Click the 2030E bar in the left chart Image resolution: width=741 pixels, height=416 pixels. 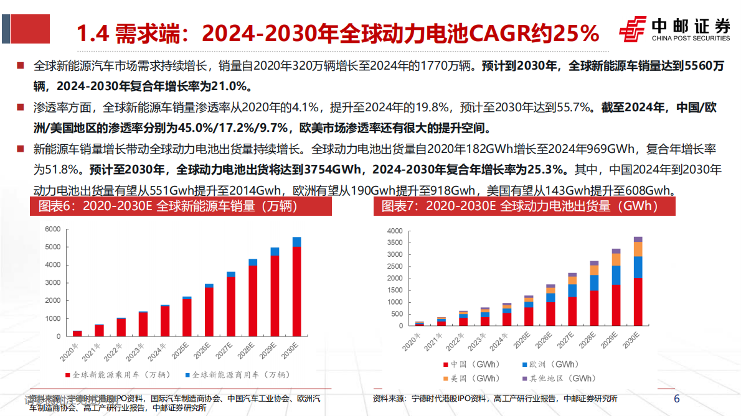pyautogui.click(x=296, y=286)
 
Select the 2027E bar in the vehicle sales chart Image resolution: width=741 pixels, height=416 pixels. pyautogui.click(x=230, y=304)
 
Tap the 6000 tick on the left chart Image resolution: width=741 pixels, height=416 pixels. pyautogui.click(x=52, y=229)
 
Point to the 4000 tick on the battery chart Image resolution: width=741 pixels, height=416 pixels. pyautogui.click(x=395, y=231)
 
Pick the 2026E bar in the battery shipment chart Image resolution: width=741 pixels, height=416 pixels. pyautogui.click(x=550, y=305)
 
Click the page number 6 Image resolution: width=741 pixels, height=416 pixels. pyautogui.click(x=677, y=398)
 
